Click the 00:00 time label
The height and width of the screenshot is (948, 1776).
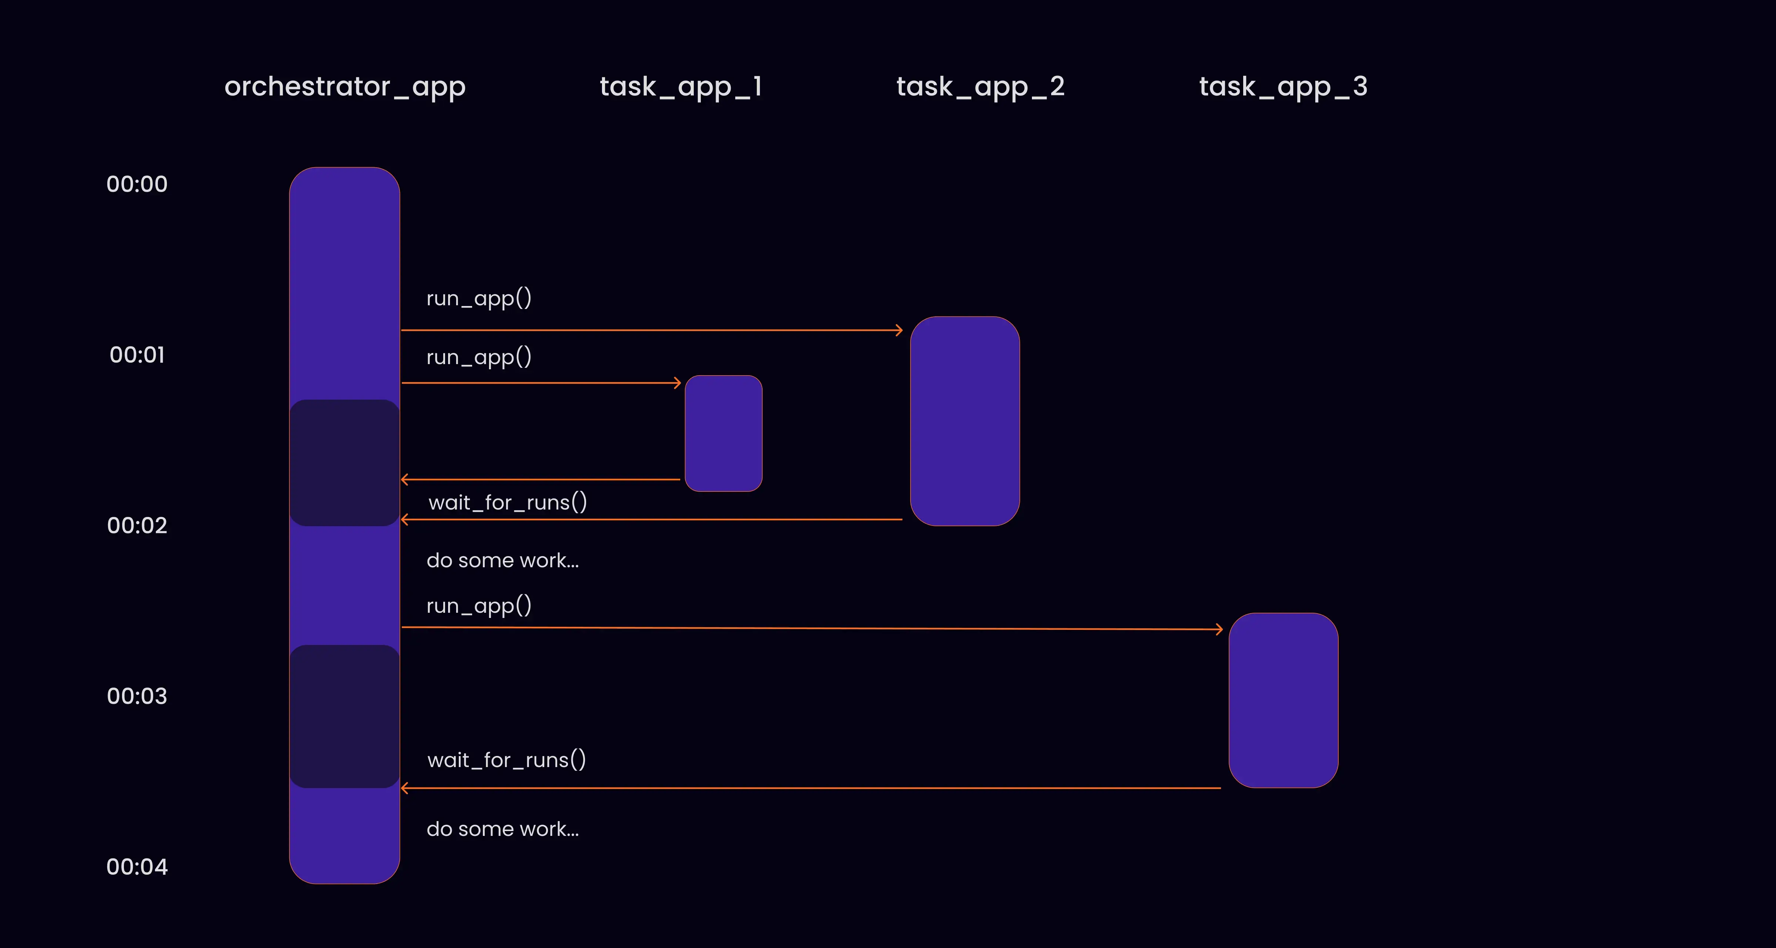click(137, 184)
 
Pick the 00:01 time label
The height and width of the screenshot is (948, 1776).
click(137, 355)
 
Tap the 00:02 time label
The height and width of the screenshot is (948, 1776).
click(137, 525)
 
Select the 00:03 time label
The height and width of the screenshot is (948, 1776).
click(137, 696)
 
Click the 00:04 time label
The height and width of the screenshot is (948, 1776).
click(137, 867)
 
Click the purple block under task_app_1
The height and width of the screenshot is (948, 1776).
click(723, 433)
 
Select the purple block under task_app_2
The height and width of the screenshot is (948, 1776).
click(965, 421)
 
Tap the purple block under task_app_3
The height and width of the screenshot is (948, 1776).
click(1283, 700)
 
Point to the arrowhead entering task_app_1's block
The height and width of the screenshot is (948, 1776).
click(678, 383)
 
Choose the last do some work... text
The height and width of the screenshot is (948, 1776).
click(502, 829)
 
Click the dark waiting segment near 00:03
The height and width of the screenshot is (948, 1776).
click(345, 716)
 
